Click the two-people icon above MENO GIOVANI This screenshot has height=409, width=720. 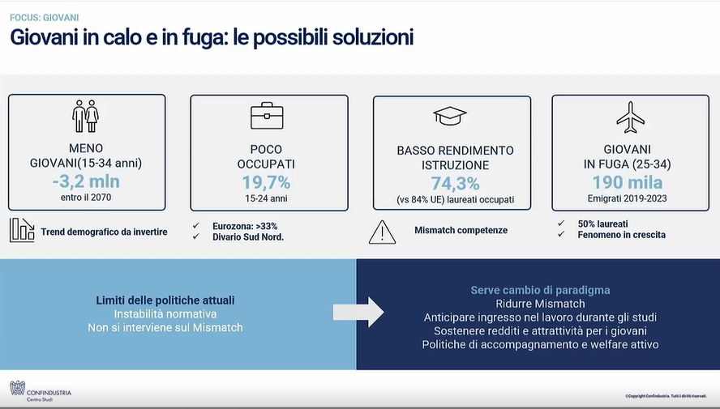point(85,117)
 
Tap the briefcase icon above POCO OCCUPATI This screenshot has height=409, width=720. point(267,116)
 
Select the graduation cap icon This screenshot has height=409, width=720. point(450,116)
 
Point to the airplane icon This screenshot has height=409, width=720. point(631,117)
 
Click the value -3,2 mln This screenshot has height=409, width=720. point(86,181)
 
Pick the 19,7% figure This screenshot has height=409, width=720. point(266,182)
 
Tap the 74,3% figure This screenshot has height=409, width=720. point(455,184)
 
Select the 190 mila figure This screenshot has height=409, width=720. point(628,182)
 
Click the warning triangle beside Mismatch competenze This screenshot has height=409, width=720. point(382,232)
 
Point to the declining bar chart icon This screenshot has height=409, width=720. point(22,230)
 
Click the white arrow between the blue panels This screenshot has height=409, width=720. point(358,313)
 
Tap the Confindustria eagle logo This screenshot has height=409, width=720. point(18,388)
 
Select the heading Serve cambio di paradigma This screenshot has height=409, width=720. point(541,290)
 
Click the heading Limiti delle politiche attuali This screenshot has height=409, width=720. point(165,300)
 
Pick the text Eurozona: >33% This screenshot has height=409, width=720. point(245,226)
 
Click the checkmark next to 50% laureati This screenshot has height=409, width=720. point(561,224)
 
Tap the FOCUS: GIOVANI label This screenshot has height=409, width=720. point(44,18)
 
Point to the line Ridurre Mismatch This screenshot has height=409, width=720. point(541,304)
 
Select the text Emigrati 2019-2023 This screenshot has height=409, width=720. point(628,198)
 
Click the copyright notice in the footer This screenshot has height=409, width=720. point(666,396)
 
